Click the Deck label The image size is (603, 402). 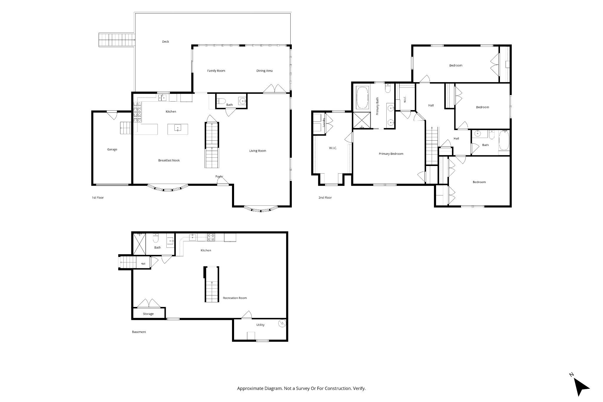pyautogui.click(x=165, y=42)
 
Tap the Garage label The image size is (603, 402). pyautogui.click(x=112, y=149)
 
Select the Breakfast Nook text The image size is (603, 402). pyautogui.click(x=169, y=160)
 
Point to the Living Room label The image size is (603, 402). pyautogui.click(x=258, y=151)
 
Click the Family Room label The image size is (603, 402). pyautogui.click(x=216, y=71)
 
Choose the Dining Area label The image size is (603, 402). pyautogui.click(x=264, y=71)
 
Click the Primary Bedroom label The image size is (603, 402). pyautogui.click(x=391, y=154)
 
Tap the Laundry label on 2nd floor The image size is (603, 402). pyautogui.click(x=324, y=122)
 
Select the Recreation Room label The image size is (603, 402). pyautogui.click(x=235, y=298)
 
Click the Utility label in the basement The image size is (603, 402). pyautogui.click(x=260, y=325)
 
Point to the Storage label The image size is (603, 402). pyautogui.click(x=148, y=314)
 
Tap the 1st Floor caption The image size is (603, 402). pyautogui.click(x=98, y=198)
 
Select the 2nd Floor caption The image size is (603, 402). pyautogui.click(x=325, y=198)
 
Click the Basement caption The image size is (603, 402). pyautogui.click(x=139, y=332)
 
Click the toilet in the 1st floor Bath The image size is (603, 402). pyautogui.click(x=221, y=102)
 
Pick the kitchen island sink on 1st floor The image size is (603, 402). pyautogui.click(x=178, y=128)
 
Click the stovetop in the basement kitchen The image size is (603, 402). pyautogui.click(x=211, y=237)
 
